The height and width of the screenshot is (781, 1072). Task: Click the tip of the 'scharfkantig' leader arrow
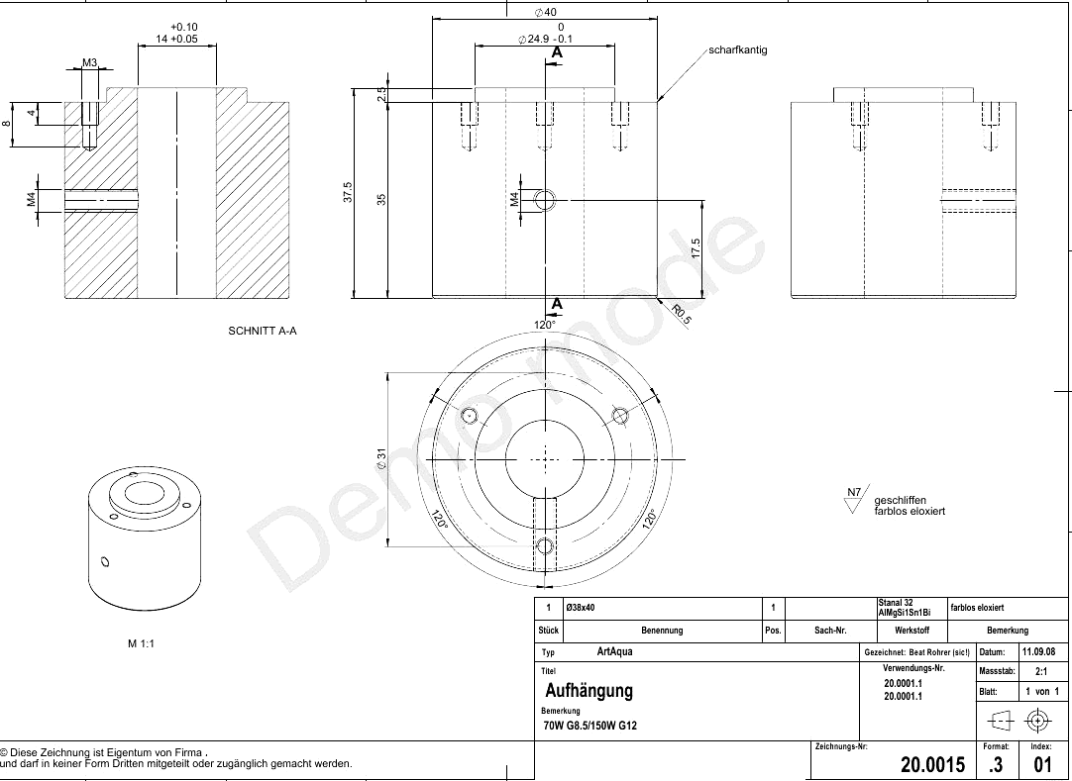click(659, 103)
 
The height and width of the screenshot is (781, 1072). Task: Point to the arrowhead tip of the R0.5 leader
click(657, 297)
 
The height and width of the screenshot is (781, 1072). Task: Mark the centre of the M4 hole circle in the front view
click(545, 201)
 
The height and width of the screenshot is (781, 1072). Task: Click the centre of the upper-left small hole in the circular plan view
click(469, 416)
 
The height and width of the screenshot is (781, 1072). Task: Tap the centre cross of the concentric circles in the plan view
click(545, 460)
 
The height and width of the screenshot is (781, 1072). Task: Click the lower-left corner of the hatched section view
click(65, 299)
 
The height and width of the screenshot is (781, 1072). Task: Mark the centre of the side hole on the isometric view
click(105, 561)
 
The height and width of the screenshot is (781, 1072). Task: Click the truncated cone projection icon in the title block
click(1000, 721)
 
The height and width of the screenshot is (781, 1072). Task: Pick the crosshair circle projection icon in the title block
click(1037, 721)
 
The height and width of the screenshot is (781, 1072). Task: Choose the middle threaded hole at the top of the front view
click(545, 126)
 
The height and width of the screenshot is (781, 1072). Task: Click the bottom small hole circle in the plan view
click(545, 545)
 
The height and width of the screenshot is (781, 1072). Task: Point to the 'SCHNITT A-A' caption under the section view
click(263, 332)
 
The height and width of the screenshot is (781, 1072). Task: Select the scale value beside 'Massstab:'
click(1041, 672)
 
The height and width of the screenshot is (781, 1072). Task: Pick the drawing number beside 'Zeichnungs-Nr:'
click(932, 764)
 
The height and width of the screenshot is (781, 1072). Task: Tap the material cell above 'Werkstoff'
click(904, 608)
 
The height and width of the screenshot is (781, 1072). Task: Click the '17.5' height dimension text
click(696, 248)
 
